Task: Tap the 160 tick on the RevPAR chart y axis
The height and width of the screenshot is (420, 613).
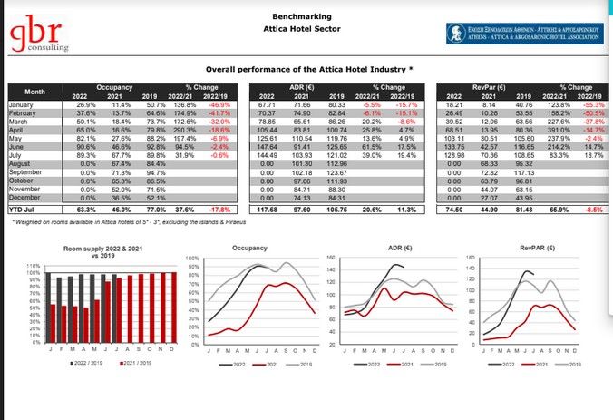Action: coord(471,258)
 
